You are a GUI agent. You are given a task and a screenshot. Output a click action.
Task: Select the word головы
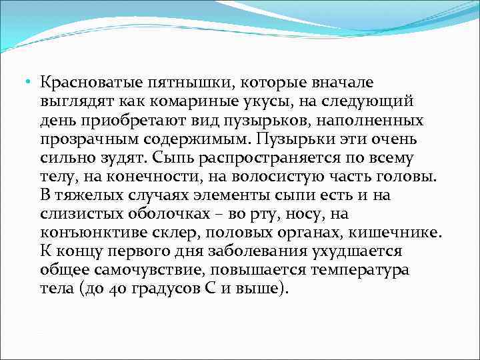(x=407, y=177)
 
